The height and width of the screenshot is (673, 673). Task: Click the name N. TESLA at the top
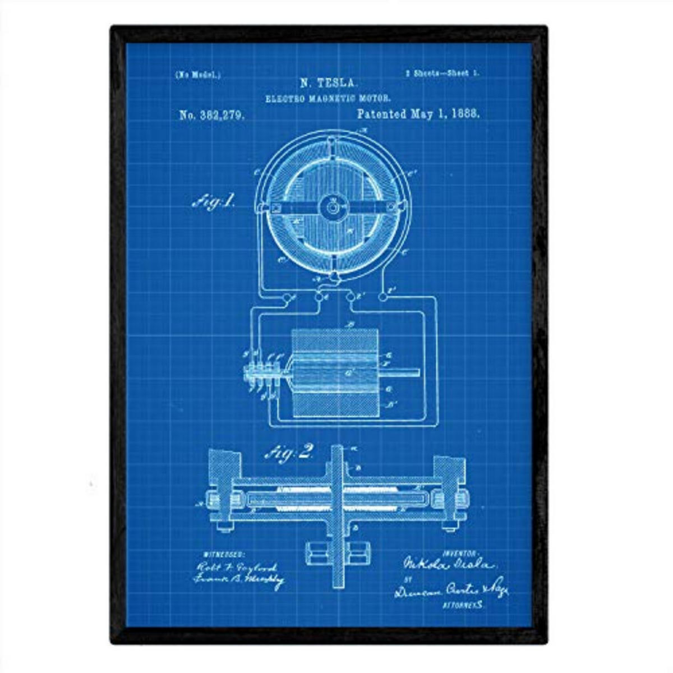point(328,84)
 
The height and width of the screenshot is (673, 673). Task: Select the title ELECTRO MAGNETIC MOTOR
point(328,98)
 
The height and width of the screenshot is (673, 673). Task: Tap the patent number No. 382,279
point(211,116)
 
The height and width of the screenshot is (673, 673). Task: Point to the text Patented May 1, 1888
point(418,114)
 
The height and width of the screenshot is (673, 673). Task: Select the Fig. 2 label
point(289,452)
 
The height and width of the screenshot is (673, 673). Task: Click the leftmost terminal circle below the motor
point(285,298)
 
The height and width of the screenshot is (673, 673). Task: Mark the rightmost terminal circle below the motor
point(383,297)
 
